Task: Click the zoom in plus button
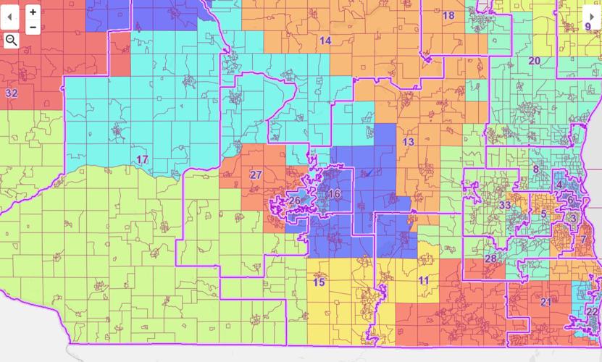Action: click(33, 12)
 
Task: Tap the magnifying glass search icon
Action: click(12, 41)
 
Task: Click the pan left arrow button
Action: click(10, 16)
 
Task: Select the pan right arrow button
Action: click(591, 16)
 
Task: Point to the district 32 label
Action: click(11, 93)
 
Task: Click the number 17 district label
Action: click(143, 160)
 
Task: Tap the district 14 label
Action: click(325, 41)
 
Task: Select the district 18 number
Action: click(448, 16)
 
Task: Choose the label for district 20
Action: click(535, 61)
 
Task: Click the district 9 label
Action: click(588, 27)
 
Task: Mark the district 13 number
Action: click(408, 142)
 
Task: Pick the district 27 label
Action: click(256, 175)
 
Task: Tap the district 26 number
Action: click(294, 201)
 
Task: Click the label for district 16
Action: click(334, 194)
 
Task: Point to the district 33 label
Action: click(506, 206)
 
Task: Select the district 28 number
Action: click(490, 258)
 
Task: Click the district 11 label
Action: click(424, 280)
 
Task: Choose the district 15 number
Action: click(319, 282)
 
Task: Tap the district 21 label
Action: click(546, 302)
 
